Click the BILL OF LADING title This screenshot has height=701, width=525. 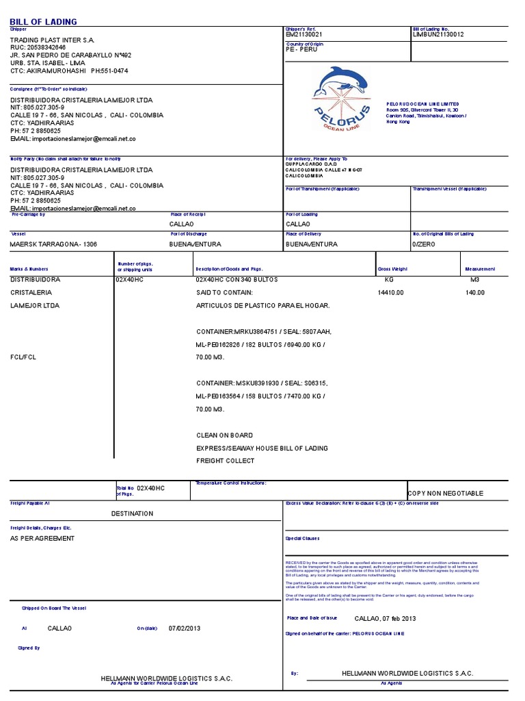pyautogui.click(x=43, y=22)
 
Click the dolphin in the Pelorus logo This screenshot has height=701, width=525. pyautogui.click(x=339, y=80)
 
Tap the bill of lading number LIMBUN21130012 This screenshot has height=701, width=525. pyautogui.click(x=438, y=34)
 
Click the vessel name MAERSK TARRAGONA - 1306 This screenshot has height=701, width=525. pyautogui.click(x=53, y=244)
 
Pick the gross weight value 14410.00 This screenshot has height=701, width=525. pyautogui.click(x=391, y=292)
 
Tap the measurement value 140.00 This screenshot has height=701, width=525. pyautogui.click(x=475, y=292)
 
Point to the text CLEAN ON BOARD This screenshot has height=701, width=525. pyautogui.click(x=224, y=435)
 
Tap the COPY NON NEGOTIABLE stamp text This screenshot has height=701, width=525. pyautogui.click(x=445, y=493)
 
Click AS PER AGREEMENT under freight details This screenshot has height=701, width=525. pyautogui.click(x=42, y=538)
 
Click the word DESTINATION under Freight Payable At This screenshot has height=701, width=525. pyautogui.click(x=133, y=513)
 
